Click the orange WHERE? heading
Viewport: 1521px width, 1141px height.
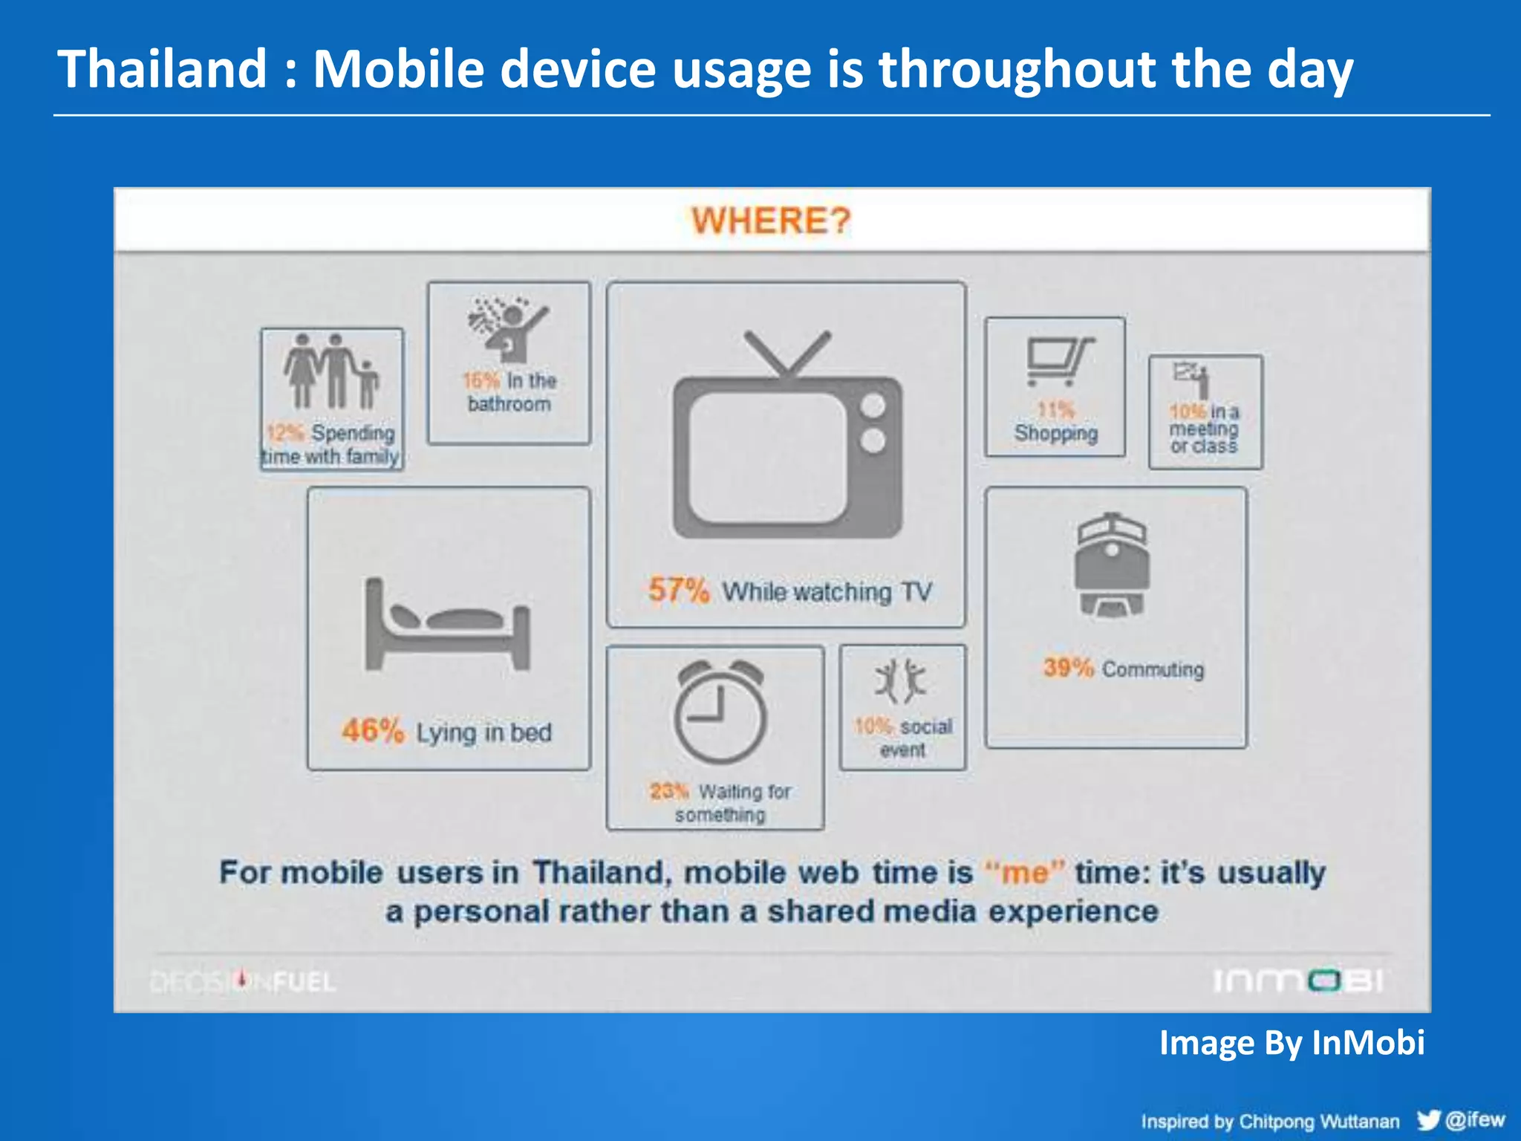(771, 221)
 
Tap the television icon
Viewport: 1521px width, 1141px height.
(787, 438)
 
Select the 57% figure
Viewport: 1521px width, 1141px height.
(679, 590)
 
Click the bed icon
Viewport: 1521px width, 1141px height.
(448, 625)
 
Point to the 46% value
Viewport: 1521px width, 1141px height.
(373, 731)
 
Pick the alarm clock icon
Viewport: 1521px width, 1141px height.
(720, 712)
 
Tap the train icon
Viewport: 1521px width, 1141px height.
(1112, 565)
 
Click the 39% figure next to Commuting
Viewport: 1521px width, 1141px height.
(1068, 667)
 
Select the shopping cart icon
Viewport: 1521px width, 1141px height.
(1058, 361)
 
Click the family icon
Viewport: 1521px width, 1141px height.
(331, 371)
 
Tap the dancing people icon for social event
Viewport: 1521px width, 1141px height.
(901, 680)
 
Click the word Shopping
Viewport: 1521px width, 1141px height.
(1055, 433)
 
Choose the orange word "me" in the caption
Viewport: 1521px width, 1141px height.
(1025, 871)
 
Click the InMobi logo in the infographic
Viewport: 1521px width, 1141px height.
(1297, 981)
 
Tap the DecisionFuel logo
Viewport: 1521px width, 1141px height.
(243, 982)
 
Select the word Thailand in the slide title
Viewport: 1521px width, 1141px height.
(162, 69)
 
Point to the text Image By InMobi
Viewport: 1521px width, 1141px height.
(1292, 1042)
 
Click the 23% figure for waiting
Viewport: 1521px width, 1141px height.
(669, 791)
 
